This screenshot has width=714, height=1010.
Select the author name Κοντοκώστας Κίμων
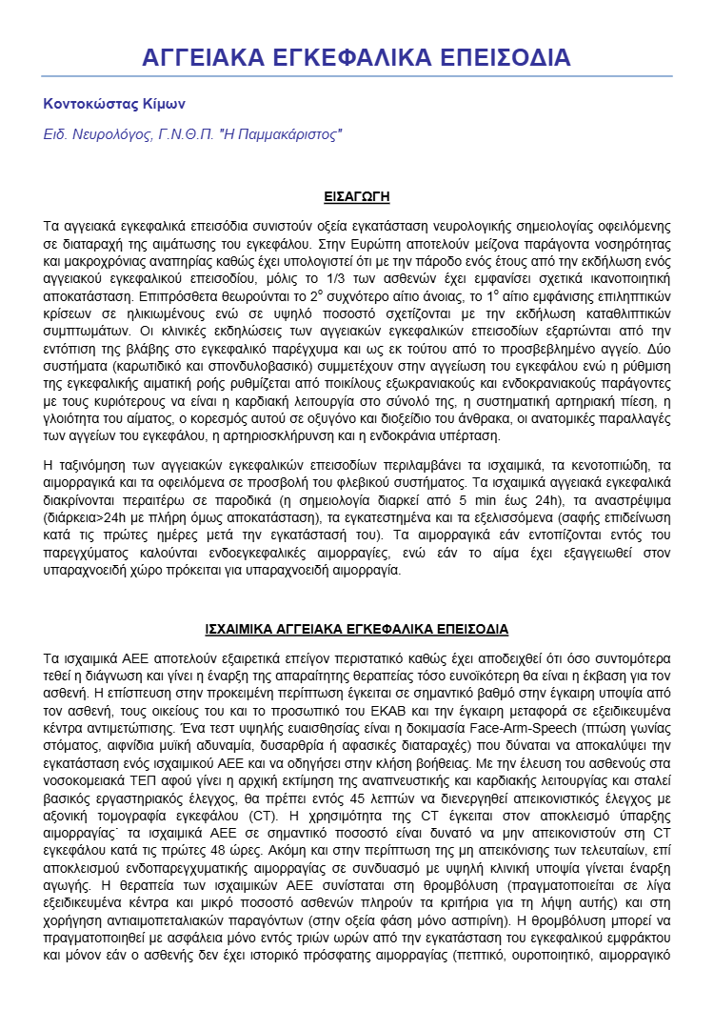[114, 104]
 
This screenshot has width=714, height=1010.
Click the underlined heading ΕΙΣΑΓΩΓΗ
[356, 198]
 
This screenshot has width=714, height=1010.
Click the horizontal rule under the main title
[356, 77]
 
